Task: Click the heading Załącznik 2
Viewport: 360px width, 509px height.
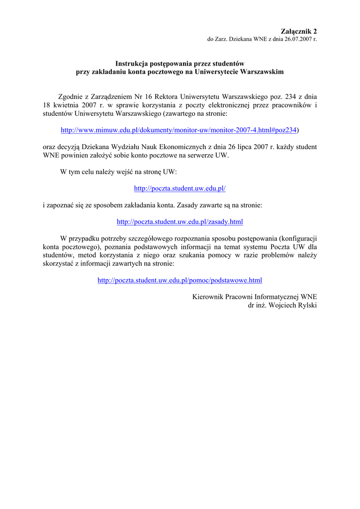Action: pyautogui.click(x=298, y=31)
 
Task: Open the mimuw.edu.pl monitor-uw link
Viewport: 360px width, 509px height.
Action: pyautogui.click(x=179, y=130)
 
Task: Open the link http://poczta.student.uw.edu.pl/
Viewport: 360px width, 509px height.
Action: pyautogui.click(x=180, y=188)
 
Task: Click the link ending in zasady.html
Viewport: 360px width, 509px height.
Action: pyautogui.click(x=180, y=222)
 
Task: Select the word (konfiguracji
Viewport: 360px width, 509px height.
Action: pyautogui.click(x=298, y=238)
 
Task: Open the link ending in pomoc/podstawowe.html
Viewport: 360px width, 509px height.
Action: pyautogui.click(x=180, y=280)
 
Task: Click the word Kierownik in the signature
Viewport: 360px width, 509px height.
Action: pyautogui.click(x=208, y=297)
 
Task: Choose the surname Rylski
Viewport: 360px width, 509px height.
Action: pyautogui.click(x=307, y=305)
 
